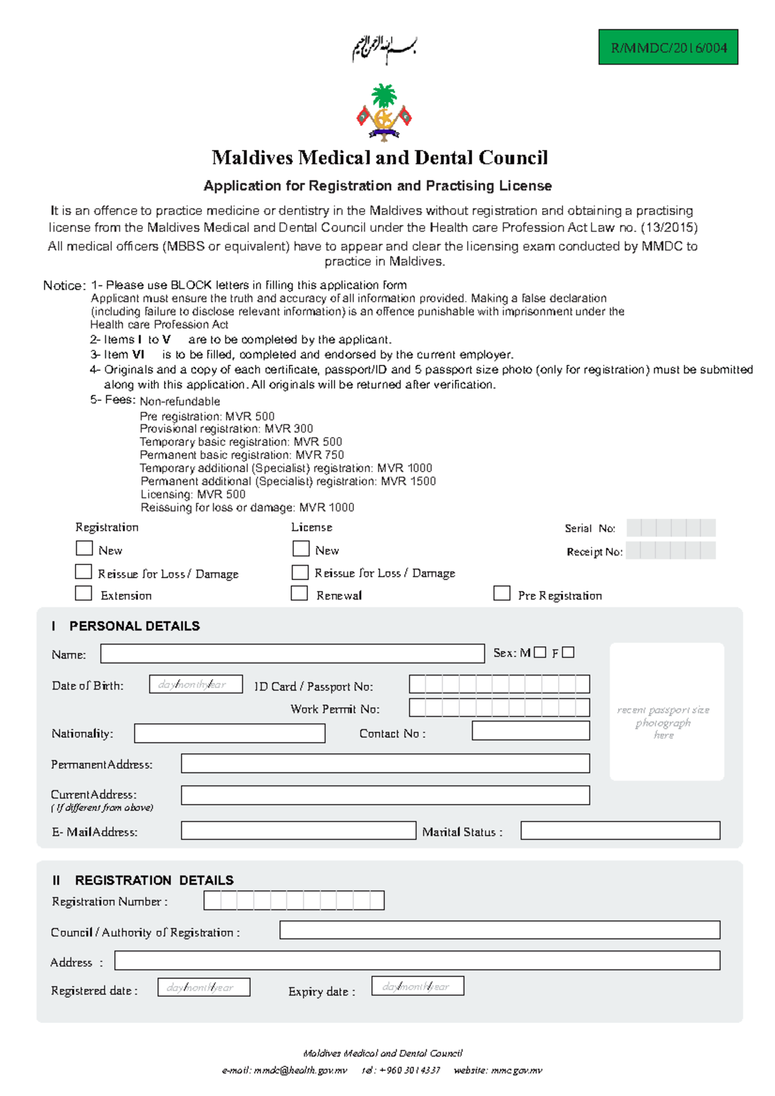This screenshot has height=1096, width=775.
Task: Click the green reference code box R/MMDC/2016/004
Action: coord(668,47)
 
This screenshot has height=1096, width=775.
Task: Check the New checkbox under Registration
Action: coord(84,548)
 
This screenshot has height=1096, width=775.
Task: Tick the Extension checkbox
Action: coord(83,593)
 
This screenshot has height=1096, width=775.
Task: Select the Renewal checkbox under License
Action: coord(299,593)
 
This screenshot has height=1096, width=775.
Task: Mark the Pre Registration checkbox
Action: coord(502,593)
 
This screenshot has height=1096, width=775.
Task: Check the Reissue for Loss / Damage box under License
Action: coord(300,572)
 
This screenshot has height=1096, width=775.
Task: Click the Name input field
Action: coord(292,654)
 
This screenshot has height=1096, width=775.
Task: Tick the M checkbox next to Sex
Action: coord(540,652)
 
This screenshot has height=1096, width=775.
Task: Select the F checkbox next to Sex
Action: coord(568,652)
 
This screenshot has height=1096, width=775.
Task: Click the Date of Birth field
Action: coord(196,684)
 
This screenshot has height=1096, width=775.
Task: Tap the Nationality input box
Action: coord(229,733)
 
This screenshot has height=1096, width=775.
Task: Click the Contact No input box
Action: coord(530,730)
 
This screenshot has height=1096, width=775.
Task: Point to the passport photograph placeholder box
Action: coord(666,711)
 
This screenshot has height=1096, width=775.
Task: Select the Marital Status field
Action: coord(620,831)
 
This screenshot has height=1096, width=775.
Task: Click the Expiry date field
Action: coord(417,986)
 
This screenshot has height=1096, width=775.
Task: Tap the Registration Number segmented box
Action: coord(294,900)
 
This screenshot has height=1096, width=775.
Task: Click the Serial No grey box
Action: coord(670,528)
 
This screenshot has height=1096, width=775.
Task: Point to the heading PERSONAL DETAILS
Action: coord(134,626)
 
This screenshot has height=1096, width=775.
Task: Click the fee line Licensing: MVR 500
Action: coord(193,494)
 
